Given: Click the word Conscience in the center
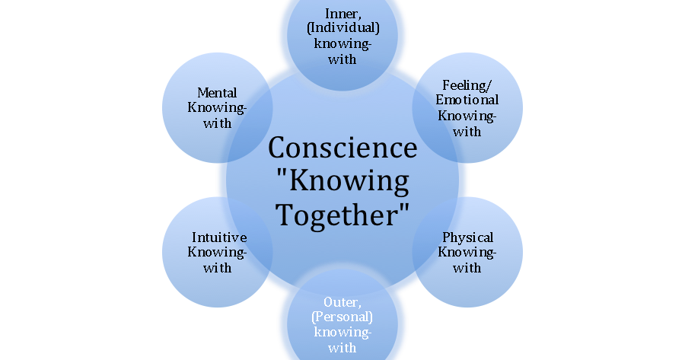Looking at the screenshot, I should [342, 147].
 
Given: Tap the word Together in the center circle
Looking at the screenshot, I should [342, 214].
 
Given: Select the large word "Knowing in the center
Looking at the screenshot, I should [342, 180].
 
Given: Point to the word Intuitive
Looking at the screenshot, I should [218, 237].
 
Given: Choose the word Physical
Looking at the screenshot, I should [467, 237].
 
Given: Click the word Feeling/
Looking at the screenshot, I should [467, 86].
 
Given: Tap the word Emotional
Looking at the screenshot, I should [467, 100].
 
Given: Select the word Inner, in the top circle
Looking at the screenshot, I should [342, 14].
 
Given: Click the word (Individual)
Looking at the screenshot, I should [342, 29].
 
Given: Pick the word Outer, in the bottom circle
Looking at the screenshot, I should [342, 303].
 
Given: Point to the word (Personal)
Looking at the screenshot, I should [342, 318].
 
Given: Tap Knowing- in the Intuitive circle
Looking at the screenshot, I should [218, 252].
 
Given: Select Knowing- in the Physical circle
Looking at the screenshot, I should [467, 252].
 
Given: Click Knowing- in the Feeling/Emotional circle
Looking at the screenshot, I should [467, 116].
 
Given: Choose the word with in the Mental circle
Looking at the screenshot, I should [218, 123].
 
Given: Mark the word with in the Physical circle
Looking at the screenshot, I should [467, 267].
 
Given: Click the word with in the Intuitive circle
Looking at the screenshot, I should [218, 267].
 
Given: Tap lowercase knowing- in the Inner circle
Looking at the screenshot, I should [342, 44].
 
